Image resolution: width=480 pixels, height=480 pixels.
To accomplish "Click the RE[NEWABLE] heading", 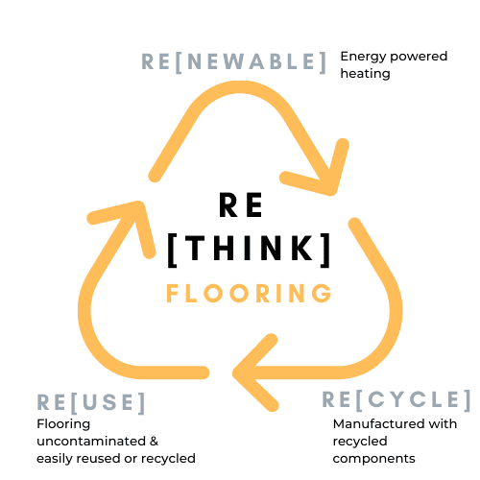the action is [x=234, y=61].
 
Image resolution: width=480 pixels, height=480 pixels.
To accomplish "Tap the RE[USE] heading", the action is [x=91, y=402].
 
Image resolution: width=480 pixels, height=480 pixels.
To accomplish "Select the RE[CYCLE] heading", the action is [x=396, y=399].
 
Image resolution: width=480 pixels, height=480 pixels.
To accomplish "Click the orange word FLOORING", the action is [x=249, y=293].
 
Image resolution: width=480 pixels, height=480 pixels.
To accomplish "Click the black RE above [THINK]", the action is [x=241, y=205].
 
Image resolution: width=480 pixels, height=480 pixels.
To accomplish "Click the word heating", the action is [x=365, y=74].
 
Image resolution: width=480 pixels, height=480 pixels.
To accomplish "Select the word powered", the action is [x=419, y=57].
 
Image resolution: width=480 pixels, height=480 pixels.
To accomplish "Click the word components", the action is [x=373, y=459].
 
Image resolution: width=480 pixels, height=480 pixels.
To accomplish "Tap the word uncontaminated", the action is [x=91, y=442].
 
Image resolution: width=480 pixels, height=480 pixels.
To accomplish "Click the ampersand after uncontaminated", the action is [x=154, y=442].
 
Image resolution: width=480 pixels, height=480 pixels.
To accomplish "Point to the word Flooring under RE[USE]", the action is [x=63, y=424].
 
